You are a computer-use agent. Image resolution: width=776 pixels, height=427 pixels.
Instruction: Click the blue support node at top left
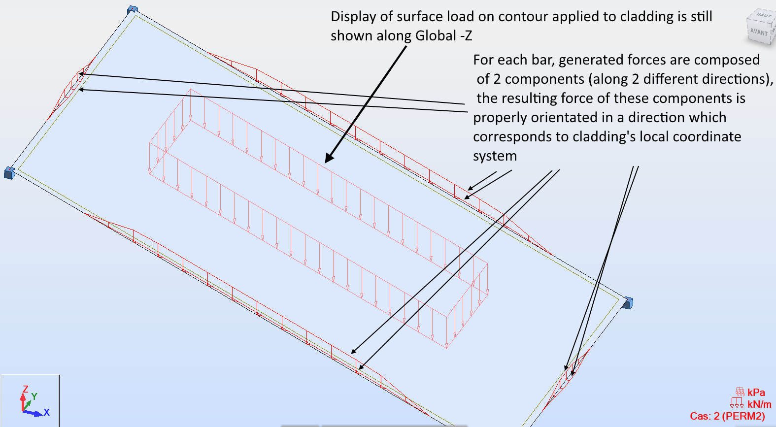[x=133, y=9]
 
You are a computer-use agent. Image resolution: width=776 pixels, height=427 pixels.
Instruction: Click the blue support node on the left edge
[x=9, y=172]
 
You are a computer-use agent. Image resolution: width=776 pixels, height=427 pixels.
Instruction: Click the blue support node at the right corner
[x=627, y=302]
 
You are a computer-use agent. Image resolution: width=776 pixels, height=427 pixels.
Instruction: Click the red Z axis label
[x=25, y=389]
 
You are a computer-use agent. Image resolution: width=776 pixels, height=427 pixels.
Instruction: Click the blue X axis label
[x=46, y=412]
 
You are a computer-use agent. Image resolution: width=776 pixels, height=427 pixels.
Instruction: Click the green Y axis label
[x=34, y=396]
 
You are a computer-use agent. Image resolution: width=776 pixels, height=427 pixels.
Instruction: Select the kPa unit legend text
[x=756, y=393]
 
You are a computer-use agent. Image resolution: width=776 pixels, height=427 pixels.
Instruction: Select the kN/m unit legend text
[x=759, y=404]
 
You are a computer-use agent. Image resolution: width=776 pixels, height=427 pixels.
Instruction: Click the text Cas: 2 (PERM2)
[x=727, y=416]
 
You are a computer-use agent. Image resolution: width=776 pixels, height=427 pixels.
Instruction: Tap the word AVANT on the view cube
[x=759, y=32]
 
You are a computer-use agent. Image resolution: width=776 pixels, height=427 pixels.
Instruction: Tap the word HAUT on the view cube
[x=763, y=15]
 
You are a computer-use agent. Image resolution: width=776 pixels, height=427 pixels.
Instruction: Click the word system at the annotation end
[x=495, y=156]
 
